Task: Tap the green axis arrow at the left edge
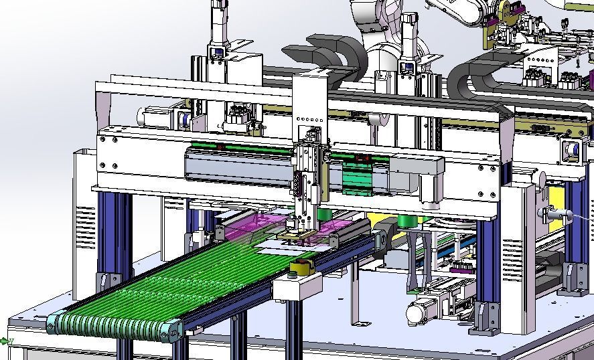[8, 341]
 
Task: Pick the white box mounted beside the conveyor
[297, 286]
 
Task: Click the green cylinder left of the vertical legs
[404, 221]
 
